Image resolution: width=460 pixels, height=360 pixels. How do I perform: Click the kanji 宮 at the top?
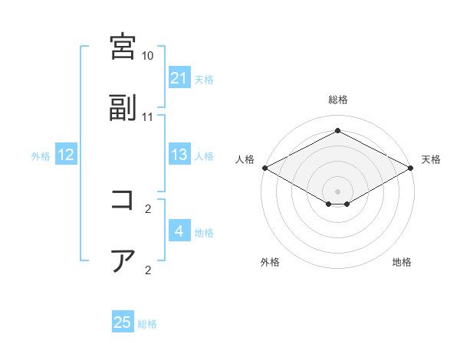[x=123, y=46]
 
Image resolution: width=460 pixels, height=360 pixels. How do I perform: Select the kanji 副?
[x=123, y=109]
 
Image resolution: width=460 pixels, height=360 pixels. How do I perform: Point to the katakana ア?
[x=123, y=260]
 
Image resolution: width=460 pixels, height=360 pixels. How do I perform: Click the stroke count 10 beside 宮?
[x=148, y=56]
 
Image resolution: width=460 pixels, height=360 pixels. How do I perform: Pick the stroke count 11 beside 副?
[x=148, y=117]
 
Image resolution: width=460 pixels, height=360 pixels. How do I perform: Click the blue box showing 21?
[x=179, y=77]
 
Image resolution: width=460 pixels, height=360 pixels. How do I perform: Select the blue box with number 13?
[x=179, y=155]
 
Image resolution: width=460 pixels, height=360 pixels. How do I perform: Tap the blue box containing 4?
[x=179, y=231]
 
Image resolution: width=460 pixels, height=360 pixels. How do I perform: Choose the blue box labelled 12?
[x=66, y=155]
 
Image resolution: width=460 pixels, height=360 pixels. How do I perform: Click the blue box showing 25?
[x=123, y=322]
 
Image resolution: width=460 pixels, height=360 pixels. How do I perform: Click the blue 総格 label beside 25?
[x=147, y=324]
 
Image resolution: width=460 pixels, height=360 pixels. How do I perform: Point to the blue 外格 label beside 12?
[x=41, y=156]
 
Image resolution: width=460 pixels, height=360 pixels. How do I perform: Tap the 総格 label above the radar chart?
[x=338, y=100]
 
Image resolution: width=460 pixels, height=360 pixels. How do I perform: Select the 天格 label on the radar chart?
[x=432, y=159]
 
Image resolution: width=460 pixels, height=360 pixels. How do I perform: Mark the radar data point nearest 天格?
[x=412, y=168]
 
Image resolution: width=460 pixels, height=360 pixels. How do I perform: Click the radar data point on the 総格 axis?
[x=338, y=131]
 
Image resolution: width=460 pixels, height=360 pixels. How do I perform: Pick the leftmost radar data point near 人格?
[x=264, y=168]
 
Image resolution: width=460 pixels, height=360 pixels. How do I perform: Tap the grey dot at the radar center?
[x=338, y=191]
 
